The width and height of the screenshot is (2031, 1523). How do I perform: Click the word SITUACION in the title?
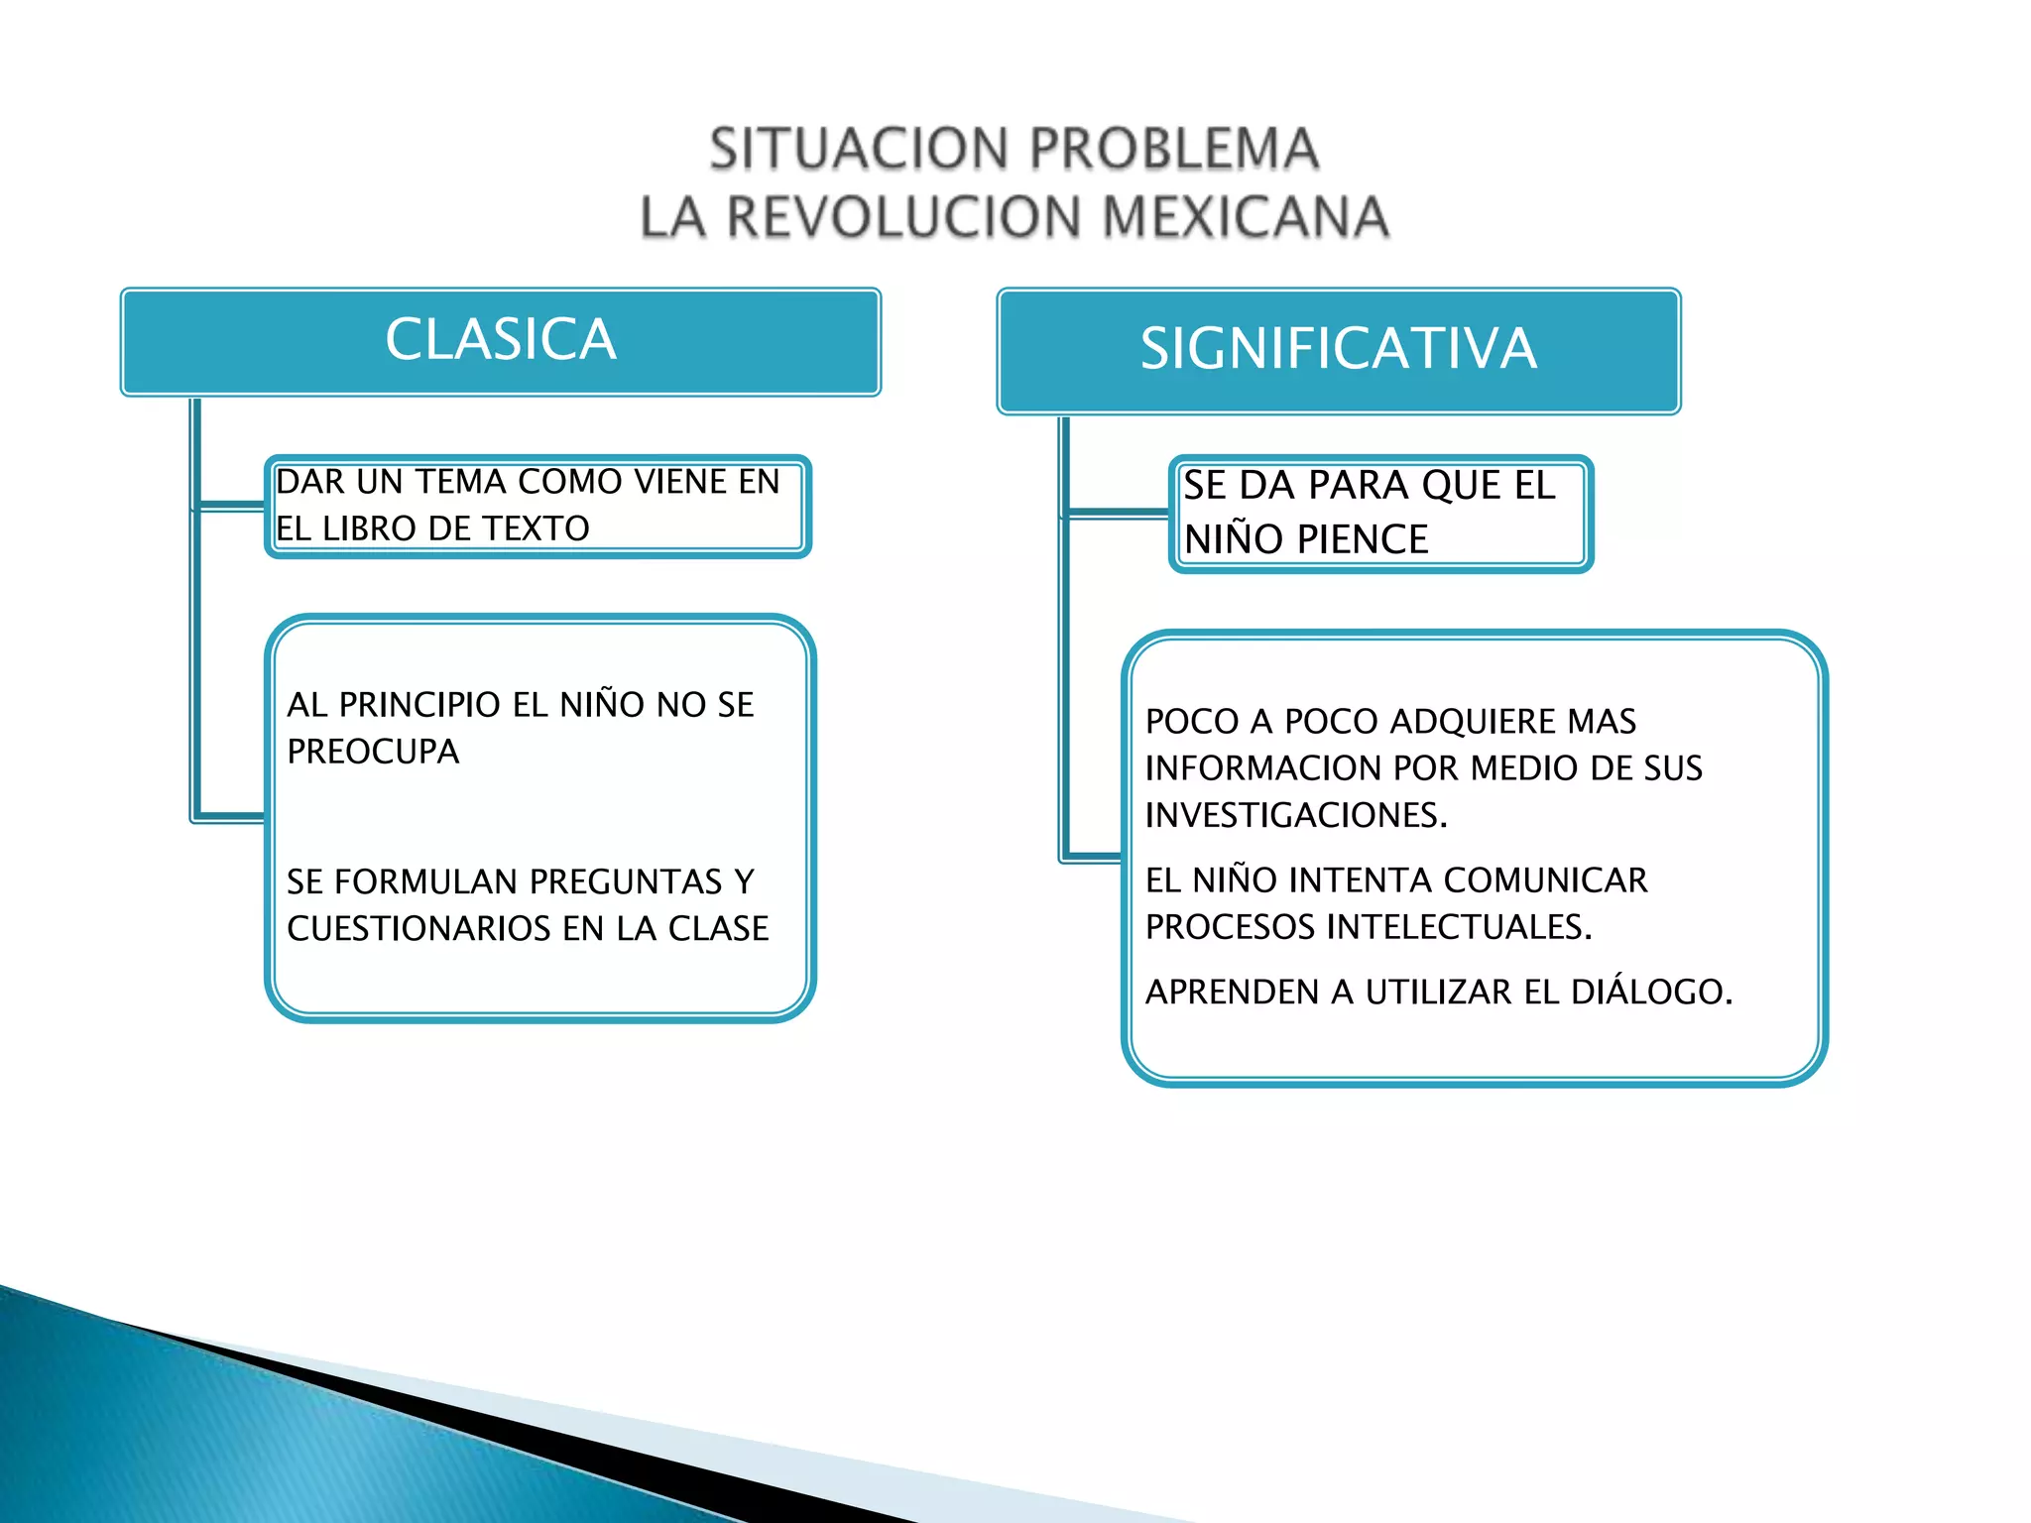point(859,150)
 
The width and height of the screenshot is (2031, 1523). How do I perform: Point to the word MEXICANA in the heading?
point(1245,217)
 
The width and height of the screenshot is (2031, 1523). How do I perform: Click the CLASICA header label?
point(501,340)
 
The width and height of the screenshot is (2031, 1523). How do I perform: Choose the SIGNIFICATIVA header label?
point(1338,349)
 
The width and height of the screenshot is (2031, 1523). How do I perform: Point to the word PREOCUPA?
point(373,752)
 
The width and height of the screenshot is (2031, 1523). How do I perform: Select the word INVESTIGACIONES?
point(1295,815)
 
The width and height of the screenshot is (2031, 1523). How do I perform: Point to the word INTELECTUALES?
point(1459,927)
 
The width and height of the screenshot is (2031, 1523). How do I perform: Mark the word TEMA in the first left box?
point(461,482)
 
